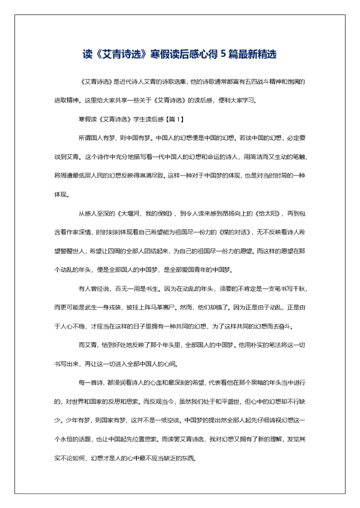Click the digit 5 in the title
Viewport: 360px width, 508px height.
(223, 54)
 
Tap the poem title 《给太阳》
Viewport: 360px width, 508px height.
(267, 213)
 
